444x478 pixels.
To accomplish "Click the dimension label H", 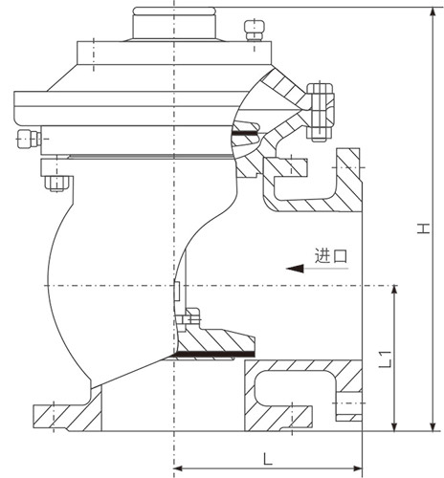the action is click(424, 228).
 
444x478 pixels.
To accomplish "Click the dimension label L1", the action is click(385, 359).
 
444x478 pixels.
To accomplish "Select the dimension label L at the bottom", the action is click(267, 459).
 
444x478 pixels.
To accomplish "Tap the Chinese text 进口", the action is click(331, 255).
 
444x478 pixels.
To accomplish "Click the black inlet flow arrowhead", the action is click(295, 269).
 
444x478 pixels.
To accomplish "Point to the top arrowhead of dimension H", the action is click(433, 12).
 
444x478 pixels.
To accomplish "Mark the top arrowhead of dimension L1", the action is click(394, 291).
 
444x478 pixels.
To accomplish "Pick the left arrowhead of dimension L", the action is click(178, 468).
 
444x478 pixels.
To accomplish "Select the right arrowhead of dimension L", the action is click(358, 468).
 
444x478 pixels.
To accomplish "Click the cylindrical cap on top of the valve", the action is click(174, 23).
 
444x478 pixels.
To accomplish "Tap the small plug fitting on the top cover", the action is click(255, 31).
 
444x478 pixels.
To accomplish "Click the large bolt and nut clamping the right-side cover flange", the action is click(320, 112).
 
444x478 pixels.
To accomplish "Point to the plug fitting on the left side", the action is click(29, 139).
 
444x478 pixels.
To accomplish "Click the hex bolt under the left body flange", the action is click(56, 184).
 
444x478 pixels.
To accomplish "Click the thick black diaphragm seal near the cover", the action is click(245, 133).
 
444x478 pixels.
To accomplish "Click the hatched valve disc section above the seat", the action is click(216, 339).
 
